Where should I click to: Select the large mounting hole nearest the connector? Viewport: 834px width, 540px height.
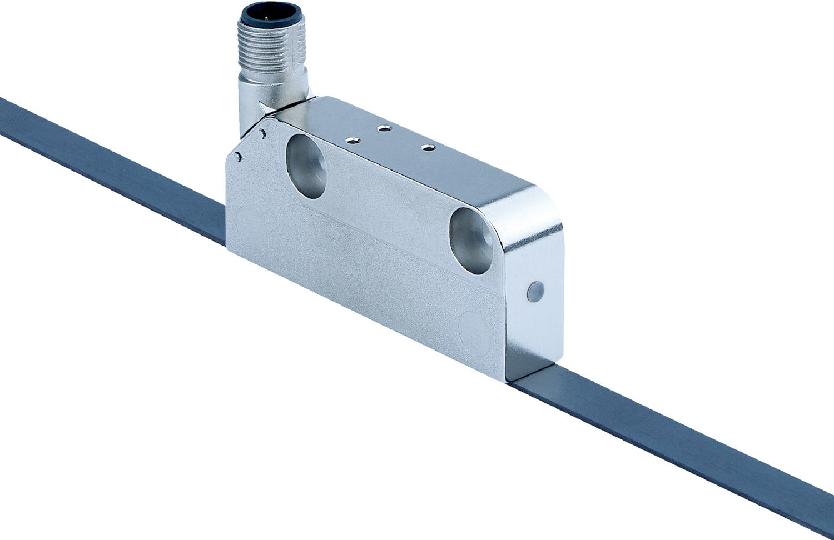[306, 166]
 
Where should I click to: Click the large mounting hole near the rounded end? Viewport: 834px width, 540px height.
[471, 240]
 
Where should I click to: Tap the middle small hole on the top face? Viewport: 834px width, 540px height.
[383, 129]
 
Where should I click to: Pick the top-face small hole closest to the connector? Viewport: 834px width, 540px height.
[351, 141]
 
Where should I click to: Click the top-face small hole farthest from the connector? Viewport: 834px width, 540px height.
[428, 147]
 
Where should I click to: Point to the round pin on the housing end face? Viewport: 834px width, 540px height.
[535, 291]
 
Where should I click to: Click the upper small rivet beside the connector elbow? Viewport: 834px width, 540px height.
[262, 133]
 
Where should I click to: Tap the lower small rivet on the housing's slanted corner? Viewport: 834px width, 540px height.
[238, 157]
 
